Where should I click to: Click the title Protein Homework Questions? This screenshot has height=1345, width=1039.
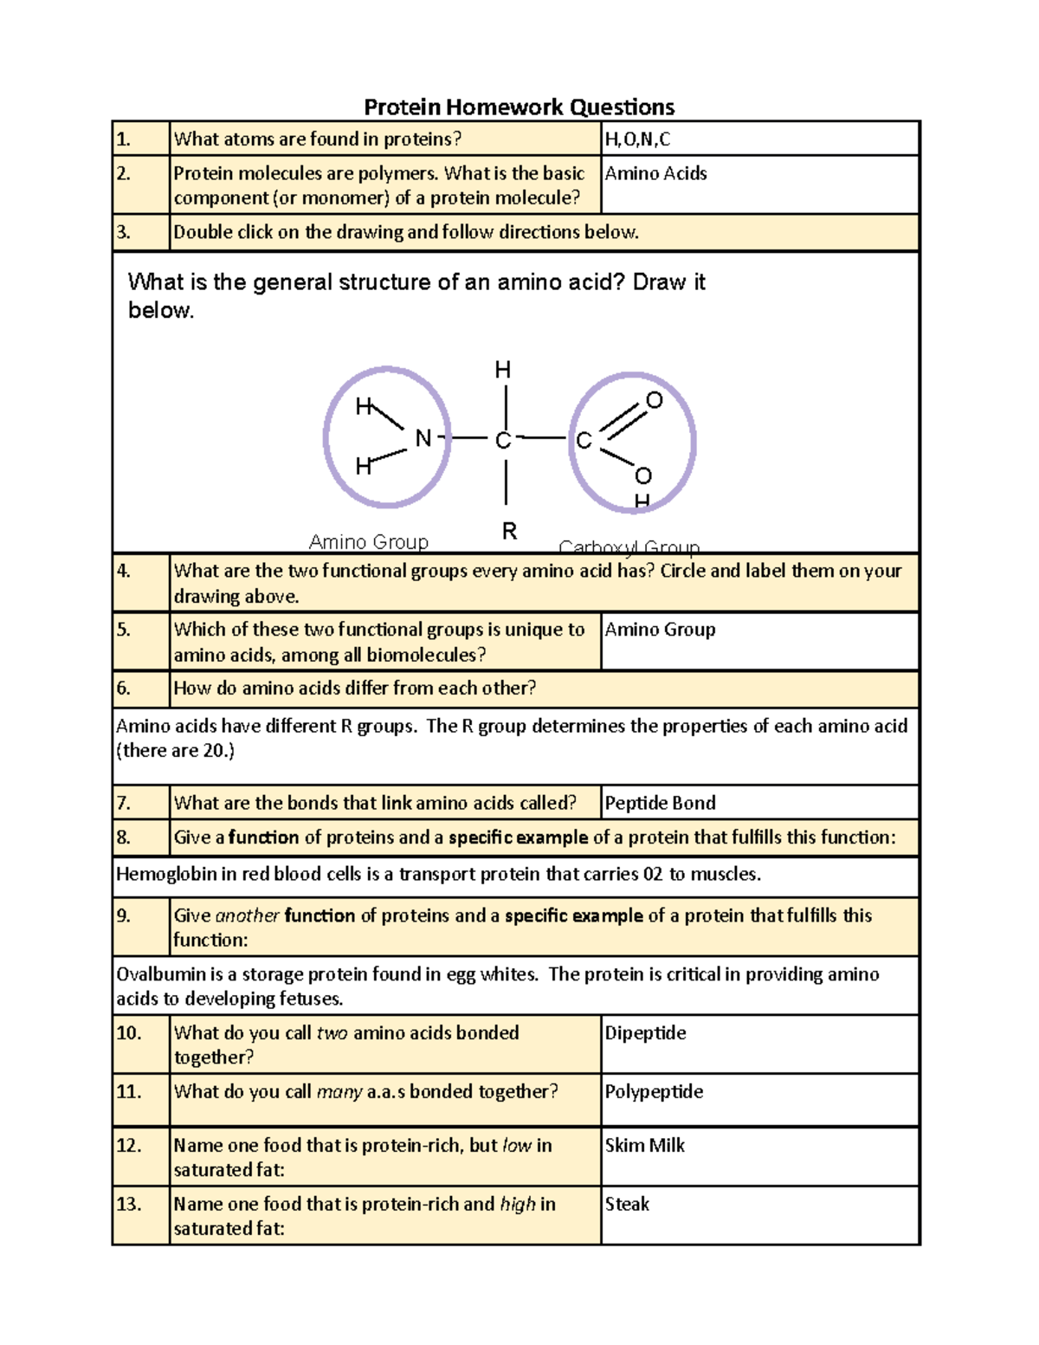click(x=519, y=107)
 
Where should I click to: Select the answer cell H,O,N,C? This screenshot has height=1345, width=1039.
click(x=637, y=139)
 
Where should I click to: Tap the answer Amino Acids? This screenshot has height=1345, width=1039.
click(x=655, y=173)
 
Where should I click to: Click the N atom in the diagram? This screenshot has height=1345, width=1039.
click(x=423, y=438)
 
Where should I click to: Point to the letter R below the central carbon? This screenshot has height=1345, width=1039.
click(x=509, y=531)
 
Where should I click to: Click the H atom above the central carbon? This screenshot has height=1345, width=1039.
click(x=502, y=370)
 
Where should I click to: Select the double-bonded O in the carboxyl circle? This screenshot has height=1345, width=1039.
click(x=655, y=400)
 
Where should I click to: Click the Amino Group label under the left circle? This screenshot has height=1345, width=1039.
click(x=369, y=542)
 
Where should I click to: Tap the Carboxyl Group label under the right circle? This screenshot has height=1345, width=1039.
click(x=629, y=547)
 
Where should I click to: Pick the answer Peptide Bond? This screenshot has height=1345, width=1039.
click(x=660, y=803)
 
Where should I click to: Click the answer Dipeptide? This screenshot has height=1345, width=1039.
click(x=645, y=1032)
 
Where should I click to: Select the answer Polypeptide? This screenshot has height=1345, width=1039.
click(x=654, y=1091)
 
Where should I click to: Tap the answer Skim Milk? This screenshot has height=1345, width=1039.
click(x=644, y=1145)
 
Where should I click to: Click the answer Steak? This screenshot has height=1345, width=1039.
click(x=627, y=1204)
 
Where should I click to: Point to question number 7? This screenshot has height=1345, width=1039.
click(x=124, y=803)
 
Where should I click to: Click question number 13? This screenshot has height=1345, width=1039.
click(x=128, y=1204)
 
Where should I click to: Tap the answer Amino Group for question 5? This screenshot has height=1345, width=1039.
click(x=660, y=630)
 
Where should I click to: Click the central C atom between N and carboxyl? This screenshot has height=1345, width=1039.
click(x=503, y=441)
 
